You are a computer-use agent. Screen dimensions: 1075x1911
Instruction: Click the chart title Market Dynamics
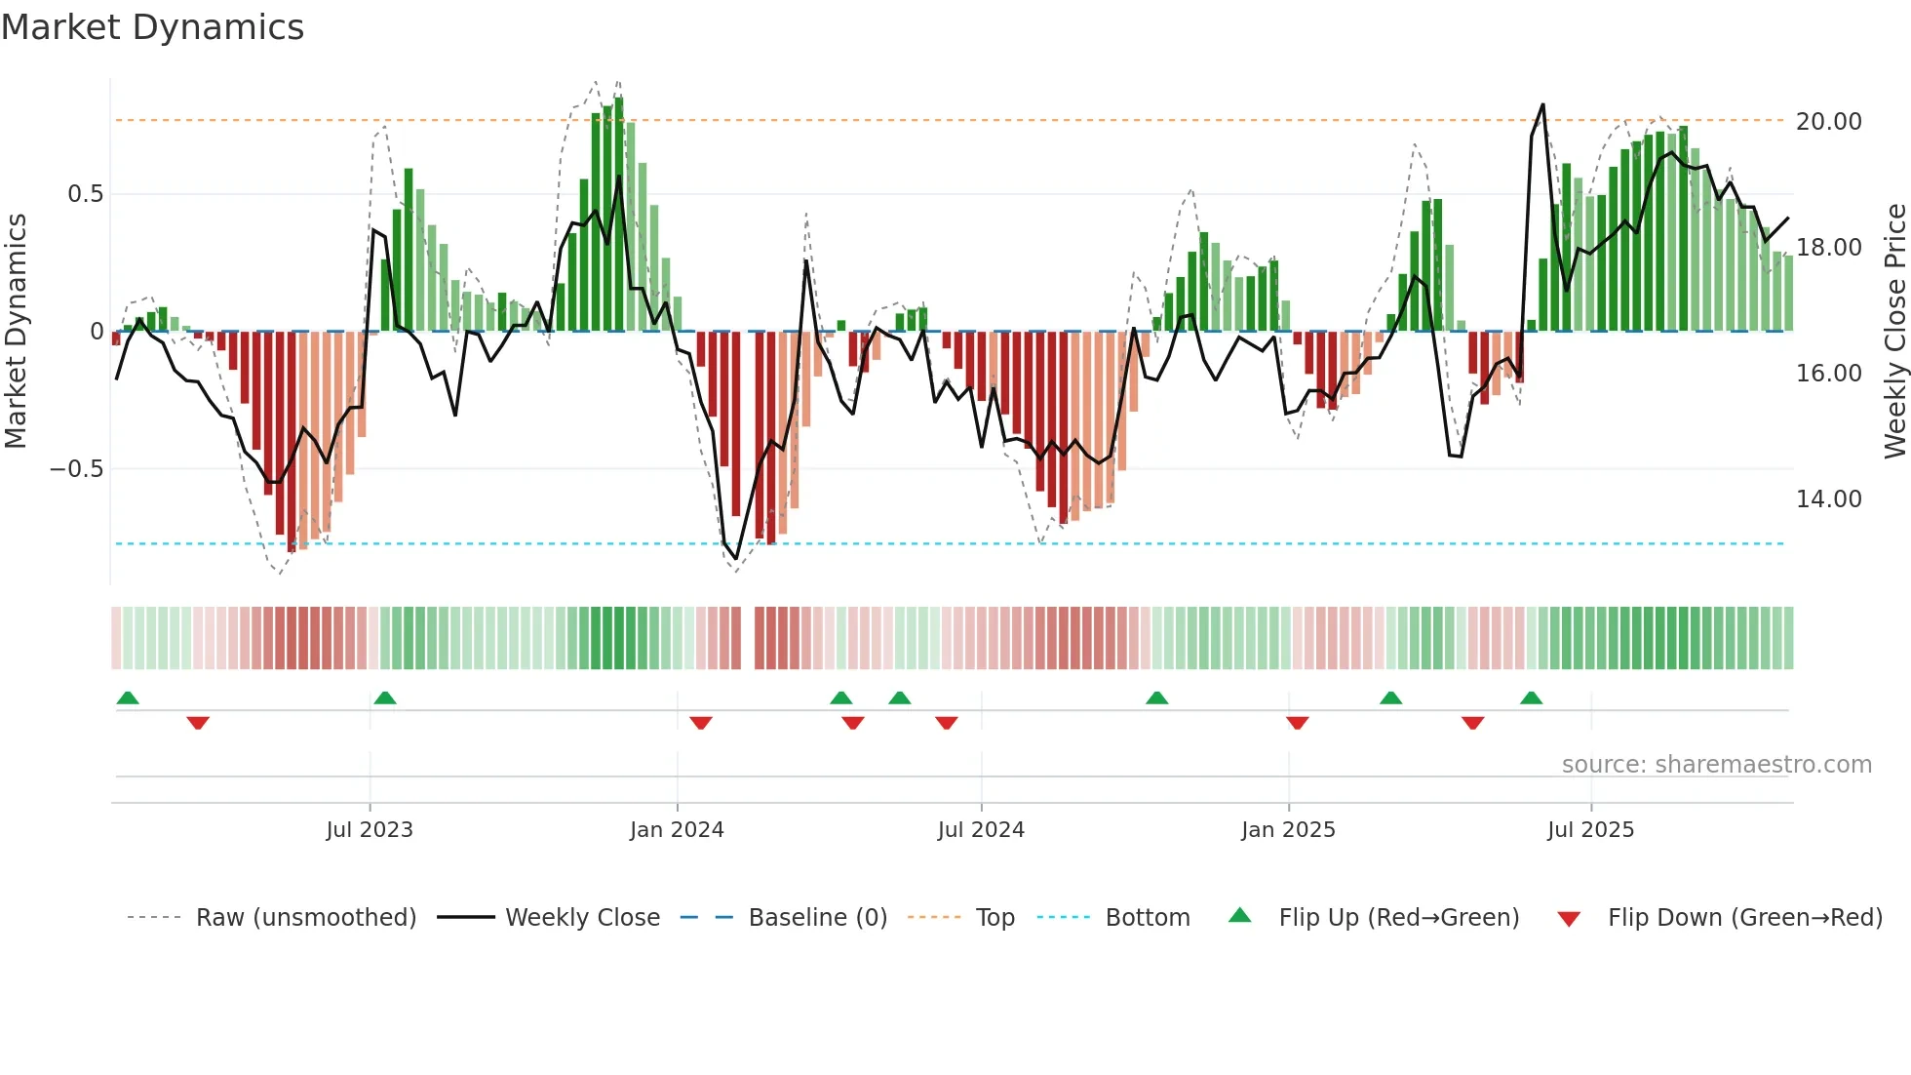pos(153,27)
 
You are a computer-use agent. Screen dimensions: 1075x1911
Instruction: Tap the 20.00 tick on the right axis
pos(1828,122)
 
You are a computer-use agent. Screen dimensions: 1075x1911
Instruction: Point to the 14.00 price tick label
pos(1828,499)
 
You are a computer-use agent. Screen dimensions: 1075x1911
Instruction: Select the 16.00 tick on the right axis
pos(1828,374)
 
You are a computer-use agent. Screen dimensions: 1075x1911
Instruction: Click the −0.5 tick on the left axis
pos(76,469)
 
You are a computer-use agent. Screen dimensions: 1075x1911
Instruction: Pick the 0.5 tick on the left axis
pos(85,194)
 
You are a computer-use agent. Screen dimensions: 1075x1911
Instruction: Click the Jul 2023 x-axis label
pos(370,830)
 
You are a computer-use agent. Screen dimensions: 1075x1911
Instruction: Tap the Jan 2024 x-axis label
pos(677,830)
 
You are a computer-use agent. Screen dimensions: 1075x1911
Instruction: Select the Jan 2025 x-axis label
pos(1288,830)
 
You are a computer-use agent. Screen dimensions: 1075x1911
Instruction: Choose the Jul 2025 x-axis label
pos(1590,830)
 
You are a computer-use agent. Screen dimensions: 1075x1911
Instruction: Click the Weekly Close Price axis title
pos(1894,332)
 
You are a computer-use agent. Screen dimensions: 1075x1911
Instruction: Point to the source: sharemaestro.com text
pos(1716,765)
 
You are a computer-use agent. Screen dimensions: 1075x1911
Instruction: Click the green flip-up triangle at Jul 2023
pos(385,697)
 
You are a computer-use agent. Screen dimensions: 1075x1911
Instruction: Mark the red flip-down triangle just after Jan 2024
pos(701,723)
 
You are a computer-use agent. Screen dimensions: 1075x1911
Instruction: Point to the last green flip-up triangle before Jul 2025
pos(1531,697)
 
